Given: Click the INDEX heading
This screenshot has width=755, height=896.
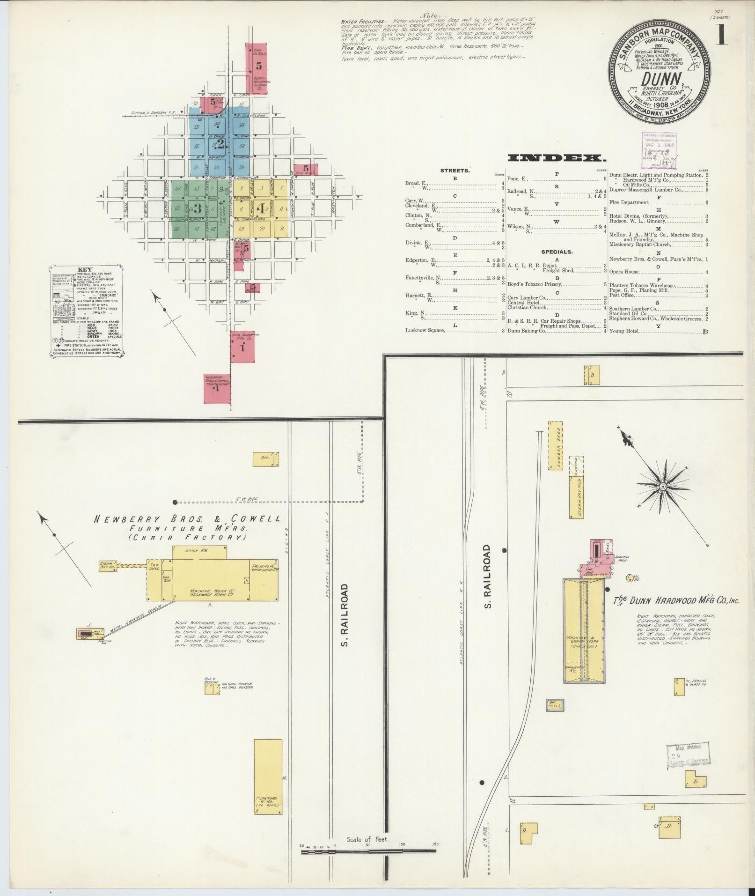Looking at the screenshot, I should [557, 158].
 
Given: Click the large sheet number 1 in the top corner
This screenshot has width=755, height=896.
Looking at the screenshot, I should [721, 34].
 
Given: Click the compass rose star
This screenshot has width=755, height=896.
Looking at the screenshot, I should [662, 487].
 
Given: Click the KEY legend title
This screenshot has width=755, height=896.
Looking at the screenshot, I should [85, 270].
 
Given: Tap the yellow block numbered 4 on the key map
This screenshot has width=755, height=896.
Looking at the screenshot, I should [260, 207].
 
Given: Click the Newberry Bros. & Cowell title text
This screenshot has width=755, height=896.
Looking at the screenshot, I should [188, 519].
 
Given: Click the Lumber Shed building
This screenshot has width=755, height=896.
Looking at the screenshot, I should [555, 445].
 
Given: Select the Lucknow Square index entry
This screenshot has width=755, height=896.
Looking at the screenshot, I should [425, 330].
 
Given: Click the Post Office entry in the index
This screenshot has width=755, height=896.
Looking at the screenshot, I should [622, 295].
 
